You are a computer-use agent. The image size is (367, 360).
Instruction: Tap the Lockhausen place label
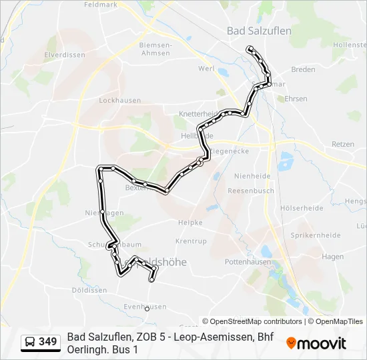tap(119, 101)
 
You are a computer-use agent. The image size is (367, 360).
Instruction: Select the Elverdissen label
tap(61, 55)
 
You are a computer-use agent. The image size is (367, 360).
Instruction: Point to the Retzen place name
tap(343, 144)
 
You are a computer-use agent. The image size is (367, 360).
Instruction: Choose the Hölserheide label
tap(302, 208)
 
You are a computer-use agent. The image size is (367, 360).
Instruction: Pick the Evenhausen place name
tap(145, 307)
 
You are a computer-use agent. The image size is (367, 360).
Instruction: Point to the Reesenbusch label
tap(251, 191)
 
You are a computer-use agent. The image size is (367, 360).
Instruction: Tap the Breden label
tap(303, 69)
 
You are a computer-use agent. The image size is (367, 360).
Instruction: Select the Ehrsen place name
tap(296, 99)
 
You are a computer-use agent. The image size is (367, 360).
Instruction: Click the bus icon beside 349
tap(29, 342)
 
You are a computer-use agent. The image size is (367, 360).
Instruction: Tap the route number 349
tap(48, 342)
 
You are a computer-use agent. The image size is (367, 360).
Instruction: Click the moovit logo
tap(316, 343)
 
